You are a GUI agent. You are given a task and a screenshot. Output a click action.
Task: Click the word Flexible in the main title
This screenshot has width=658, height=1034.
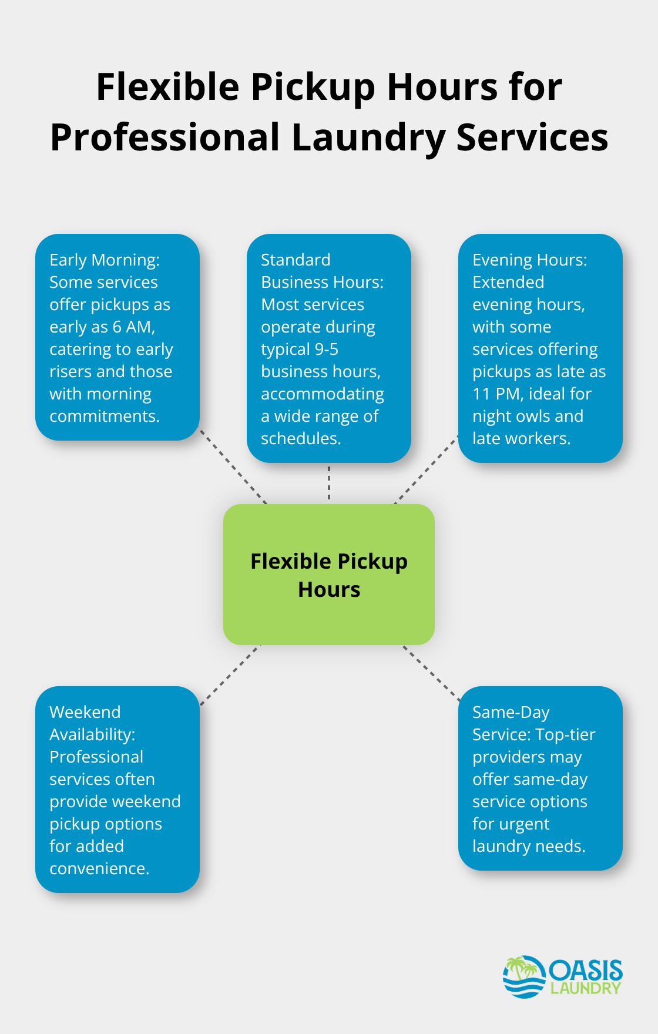click(167, 87)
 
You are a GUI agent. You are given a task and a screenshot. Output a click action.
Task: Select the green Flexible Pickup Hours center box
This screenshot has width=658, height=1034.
click(329, 575)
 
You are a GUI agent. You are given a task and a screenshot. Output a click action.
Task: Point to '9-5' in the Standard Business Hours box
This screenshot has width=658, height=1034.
click(327, 349)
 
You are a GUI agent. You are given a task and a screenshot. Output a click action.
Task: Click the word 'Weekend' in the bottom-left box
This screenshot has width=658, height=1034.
click(85, 712)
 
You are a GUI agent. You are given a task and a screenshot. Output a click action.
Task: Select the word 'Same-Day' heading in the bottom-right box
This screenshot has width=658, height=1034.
click(511, 713)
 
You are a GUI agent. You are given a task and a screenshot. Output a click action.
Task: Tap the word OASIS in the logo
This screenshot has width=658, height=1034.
click(586, 971)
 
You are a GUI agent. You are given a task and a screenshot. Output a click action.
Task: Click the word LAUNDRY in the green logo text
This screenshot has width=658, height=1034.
click(586, 988)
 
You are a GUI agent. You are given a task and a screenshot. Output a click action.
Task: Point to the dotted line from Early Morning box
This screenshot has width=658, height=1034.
click(233, 466)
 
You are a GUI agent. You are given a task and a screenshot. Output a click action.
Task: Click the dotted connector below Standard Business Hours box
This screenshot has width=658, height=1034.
click(329, 484)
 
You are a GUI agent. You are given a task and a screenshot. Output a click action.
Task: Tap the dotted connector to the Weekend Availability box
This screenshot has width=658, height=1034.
click(230, 675)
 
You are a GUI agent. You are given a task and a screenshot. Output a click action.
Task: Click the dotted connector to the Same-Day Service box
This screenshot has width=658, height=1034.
click(431, 673)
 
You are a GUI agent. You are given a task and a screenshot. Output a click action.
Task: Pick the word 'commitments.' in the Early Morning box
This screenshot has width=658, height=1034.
click(105, 416)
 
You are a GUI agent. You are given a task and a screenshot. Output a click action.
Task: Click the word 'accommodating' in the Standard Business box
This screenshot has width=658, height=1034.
click(323, 394)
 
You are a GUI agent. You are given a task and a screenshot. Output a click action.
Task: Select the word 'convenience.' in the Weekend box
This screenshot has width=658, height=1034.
click(99, 868)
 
